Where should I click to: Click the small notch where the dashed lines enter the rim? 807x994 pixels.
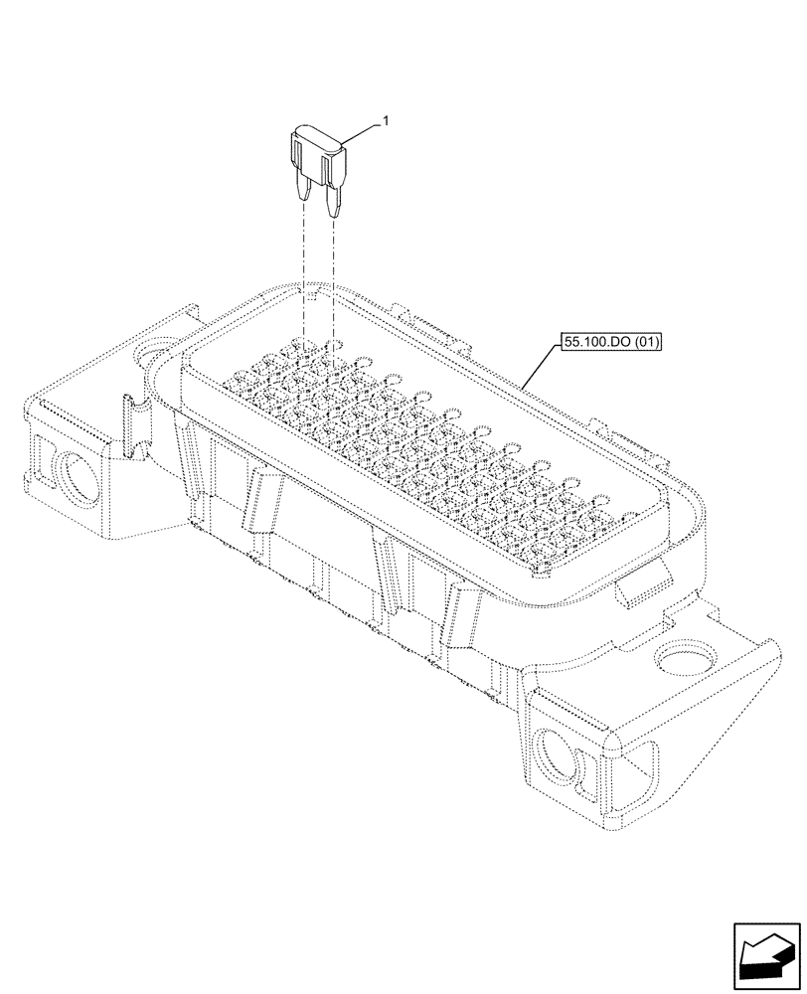coord(310,295)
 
